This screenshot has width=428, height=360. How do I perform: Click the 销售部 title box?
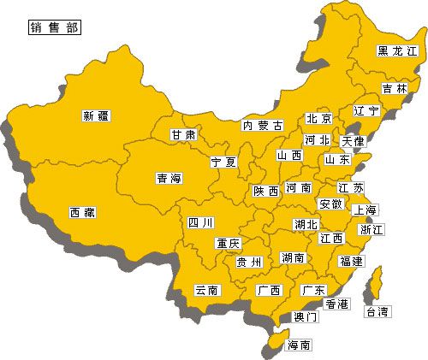pyautogui.click(x=55, y=27)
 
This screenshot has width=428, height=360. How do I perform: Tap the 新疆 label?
pyautogui.click(x=98, y=115)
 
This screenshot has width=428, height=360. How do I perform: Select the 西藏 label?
pyautogui.click(x=83, y=212)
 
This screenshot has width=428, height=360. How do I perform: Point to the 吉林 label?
pyautogui.click(x=395, y=88)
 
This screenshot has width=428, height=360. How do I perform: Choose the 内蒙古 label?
pyautogui.click(x=262, y=125)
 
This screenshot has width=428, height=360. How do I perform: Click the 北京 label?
pyautogui.click(x=319, y=119)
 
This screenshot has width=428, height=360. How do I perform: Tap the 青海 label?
pyautogui.click(x=169, y=179)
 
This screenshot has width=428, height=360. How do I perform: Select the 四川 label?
pyautogui.click(x=200, y=223)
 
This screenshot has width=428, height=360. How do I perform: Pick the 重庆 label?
pyautogui.click(x=228, y=243)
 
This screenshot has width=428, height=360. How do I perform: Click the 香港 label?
pyautogui.click(x=336, y=304)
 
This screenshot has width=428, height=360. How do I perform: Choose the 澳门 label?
pyautogui.click(x=306, y=316)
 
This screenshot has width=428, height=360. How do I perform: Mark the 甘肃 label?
pyautogui.click(x=182, y=135)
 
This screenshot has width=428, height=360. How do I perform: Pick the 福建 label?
pyautogui.click(x=351, y=260)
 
